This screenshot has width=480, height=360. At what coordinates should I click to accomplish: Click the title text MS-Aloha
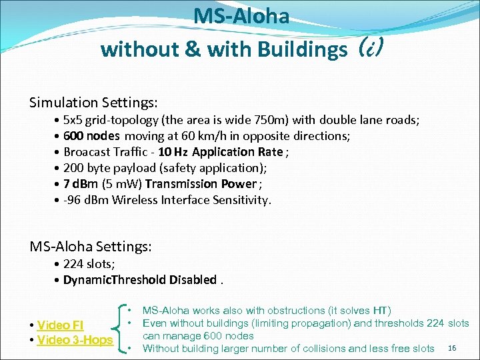click(241, 16)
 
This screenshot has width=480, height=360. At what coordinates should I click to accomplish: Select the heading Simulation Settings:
click(93, 103)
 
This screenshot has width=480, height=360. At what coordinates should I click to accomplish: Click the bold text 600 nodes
click(91, 136)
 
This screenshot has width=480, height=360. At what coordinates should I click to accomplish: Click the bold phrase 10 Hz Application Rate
click(221, 152)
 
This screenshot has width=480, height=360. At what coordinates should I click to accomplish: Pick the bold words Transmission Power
click(201, 184)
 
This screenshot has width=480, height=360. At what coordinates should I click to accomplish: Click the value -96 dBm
click(87, 200)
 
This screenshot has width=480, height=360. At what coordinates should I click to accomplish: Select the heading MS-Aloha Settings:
click(91, 247)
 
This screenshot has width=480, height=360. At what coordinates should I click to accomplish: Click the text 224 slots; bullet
click(89, 264)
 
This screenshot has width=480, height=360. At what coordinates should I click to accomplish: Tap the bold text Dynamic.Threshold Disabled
click(139, 280)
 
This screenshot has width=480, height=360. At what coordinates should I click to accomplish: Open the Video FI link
click(59, 325)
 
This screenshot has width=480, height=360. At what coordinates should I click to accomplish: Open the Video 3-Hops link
click(75, 341)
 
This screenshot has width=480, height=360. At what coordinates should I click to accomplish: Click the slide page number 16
click(453, 349)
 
